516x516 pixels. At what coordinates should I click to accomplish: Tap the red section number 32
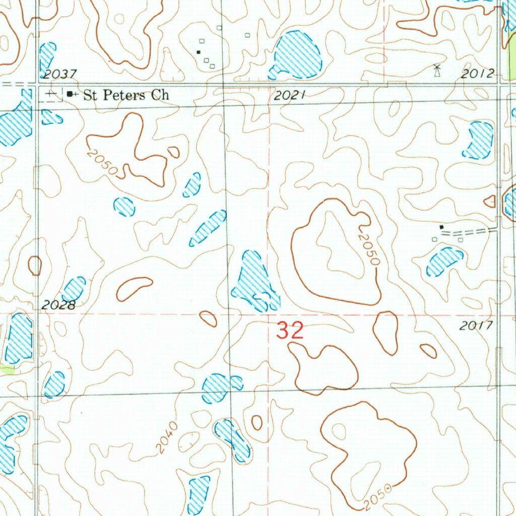click(x=290, y=331)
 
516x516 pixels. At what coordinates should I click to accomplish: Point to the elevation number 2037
click(x=59, y=75)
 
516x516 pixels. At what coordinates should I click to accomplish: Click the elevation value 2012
click(x=477, y=74)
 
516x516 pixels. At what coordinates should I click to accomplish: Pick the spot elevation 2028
click(x=58, y=304)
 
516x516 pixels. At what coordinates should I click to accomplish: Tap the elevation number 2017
click(x=476, y=326)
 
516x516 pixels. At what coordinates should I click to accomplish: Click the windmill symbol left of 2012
click(x=437, y=71)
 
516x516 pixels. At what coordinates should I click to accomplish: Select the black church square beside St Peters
click(x=70, y=94)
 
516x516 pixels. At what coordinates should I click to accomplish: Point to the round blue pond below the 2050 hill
click(x=124, y=207)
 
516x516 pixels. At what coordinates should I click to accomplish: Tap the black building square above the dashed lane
click(x=442, y=227)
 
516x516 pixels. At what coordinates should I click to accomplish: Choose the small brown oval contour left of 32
click(x=208, y=318)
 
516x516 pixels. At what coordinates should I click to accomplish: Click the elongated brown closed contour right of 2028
click(x=135, y=288)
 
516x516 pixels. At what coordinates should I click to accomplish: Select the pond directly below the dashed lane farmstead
click(x=444, y=261)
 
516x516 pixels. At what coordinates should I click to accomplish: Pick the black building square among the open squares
click(x=199, y=51)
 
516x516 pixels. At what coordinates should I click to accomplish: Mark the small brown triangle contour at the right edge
click(x=490, y=202)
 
